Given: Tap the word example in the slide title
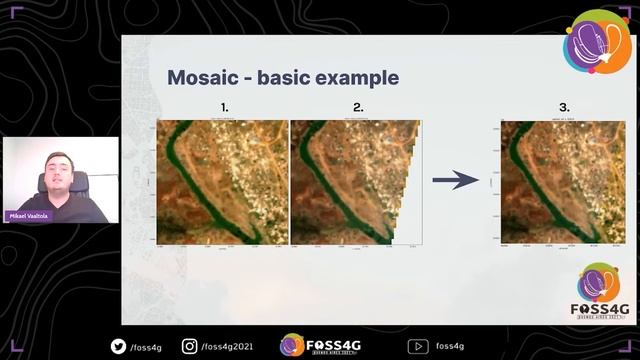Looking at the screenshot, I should click(357, 78).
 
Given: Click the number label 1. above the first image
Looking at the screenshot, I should click(224, 106).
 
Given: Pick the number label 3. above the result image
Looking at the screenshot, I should click(564, 106).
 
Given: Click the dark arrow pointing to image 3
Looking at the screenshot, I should click(455, 180).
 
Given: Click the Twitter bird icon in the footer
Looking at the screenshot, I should click(119, 346).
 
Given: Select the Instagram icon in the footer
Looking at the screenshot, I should click(191, 346).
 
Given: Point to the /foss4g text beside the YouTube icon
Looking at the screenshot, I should click(449, 346).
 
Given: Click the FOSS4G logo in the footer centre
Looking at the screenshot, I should click(320, 345).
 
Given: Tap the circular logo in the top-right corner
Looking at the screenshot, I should click(597, 42).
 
